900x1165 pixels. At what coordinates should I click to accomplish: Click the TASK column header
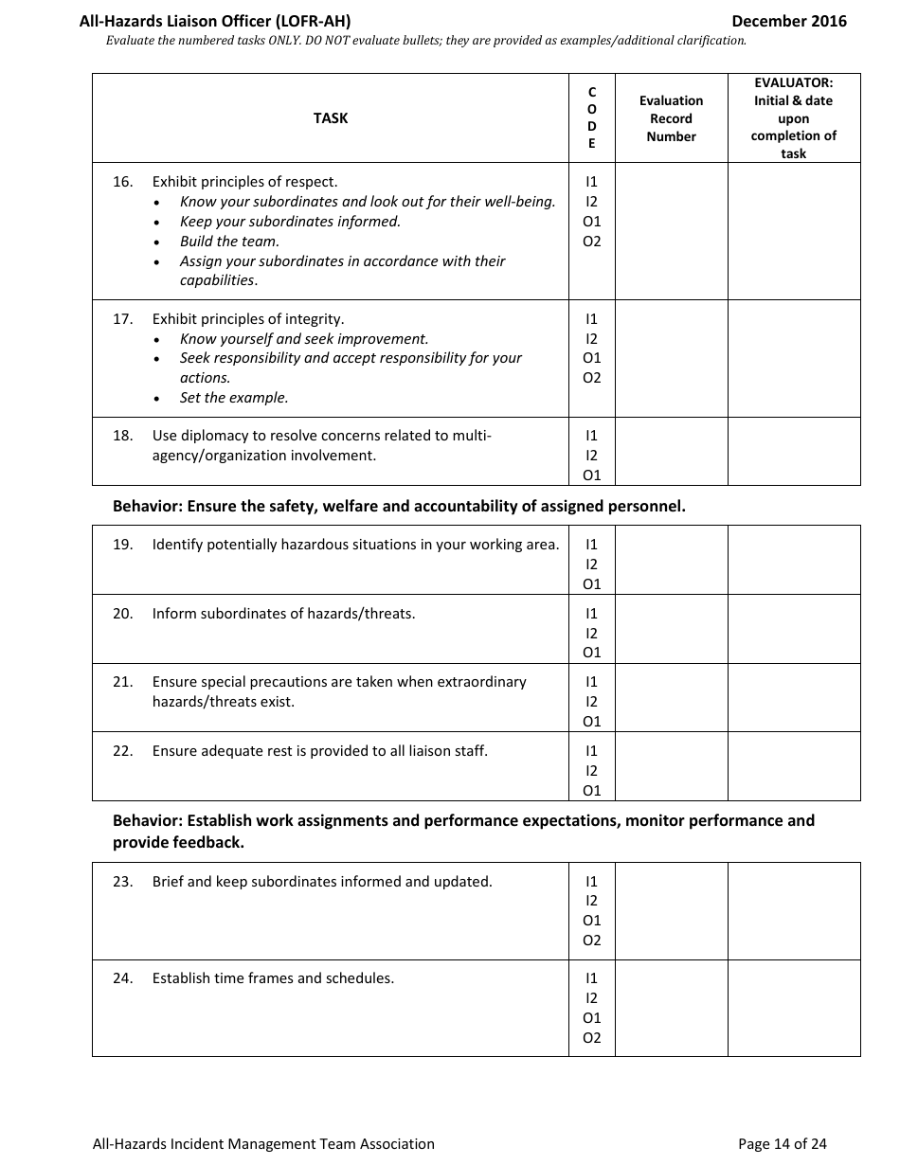331,118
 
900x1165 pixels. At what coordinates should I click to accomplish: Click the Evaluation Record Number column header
671,118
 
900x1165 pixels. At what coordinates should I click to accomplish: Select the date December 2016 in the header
789,21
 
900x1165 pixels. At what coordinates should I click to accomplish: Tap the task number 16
122,182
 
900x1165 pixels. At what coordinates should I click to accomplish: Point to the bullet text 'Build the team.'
229,242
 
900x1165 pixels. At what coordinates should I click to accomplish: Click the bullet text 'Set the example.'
234,398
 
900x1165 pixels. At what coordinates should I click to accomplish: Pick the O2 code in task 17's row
592,378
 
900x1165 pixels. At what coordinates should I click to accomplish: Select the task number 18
122,436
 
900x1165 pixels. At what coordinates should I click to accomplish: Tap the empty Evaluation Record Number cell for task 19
671,560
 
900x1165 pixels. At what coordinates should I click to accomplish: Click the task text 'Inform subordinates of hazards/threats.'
283,614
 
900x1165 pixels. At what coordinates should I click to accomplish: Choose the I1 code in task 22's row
592,751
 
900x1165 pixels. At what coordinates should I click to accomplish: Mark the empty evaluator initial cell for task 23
794,910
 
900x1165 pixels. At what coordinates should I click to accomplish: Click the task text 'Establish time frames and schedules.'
273,978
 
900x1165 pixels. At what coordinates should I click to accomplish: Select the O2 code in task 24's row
592,1038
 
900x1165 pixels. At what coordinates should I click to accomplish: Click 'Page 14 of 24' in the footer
782,1144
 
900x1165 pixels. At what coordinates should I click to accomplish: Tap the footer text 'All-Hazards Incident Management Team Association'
263,1144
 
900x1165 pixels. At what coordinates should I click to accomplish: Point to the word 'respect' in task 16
311,182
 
